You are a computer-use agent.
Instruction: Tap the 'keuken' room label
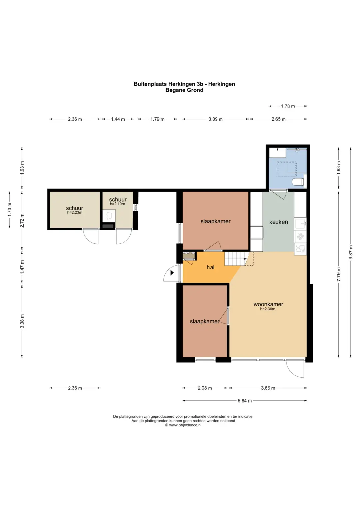pyautogui.click(x=278, y=222)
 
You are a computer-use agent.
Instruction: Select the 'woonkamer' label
pyautogui.click(x=268, y=304)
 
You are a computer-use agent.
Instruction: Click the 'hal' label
pyautogui.click(x=210, y=267)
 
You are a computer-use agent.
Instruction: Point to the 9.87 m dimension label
pyautogui.click(x=351, y=252)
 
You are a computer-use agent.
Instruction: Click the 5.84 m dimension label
pyautogui.click(x=245, y=401)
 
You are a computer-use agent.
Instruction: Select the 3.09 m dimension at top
pyautogui.click(x=215, y=119)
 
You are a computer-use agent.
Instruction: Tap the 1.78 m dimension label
pyautogui.click(x=288, y=106)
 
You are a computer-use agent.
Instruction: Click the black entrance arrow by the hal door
pyautogui.click(x=172, y=272)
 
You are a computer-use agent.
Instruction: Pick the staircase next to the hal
pyautogui.click(x=236, y=259)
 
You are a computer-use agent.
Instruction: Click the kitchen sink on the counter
pyautogui.click(x=300, y=224)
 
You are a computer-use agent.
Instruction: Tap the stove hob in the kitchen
pyautogui.click(x=300, y=237)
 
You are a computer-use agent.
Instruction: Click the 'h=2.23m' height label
pyautogui.click(x=75, y=212)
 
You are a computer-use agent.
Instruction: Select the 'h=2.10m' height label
pyautogui.click(x=117, y=204)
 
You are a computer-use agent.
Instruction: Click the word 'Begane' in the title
pyautogui.click(x=174, y=90)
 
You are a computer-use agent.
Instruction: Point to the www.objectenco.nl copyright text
pyautogui.click(x=183, y=425)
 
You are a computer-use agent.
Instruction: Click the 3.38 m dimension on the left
pyautogui.click(x=22, y=321)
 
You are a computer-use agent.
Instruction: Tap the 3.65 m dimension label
pyautogui.click(x=268, y=388)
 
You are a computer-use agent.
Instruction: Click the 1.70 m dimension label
pyautogui.click(x=9, y=210)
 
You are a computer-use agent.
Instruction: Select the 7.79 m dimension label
pyautogui.click(x=339, y=274)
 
